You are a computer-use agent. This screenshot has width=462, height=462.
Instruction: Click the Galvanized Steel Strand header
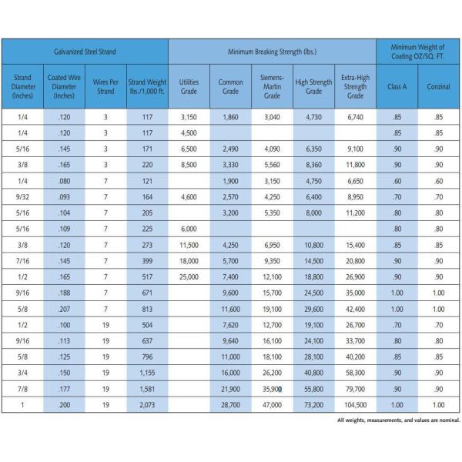pos(85,51)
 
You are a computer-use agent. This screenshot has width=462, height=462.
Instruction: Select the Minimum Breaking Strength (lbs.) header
pos(272,51)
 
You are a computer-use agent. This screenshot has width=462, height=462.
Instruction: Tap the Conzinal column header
pos(438,86)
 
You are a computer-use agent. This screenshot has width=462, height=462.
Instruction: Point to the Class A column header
pos(397,86)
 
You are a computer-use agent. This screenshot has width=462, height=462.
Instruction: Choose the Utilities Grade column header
pos(189,86)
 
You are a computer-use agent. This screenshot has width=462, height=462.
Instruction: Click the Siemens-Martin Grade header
pos(272,86)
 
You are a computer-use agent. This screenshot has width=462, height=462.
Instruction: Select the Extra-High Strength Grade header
pos(355,86)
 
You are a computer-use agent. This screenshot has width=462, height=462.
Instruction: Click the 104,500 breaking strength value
pos(355,404)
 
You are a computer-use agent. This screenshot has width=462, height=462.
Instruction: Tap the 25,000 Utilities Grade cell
pos(189,275)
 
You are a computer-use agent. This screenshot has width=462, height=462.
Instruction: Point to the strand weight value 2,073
pos(146,404)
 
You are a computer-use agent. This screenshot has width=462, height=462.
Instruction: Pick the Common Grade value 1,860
pos(230,115)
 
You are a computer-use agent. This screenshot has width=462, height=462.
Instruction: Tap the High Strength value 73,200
pos(313,404)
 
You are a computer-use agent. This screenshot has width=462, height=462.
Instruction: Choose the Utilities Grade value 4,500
pos(189,132)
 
